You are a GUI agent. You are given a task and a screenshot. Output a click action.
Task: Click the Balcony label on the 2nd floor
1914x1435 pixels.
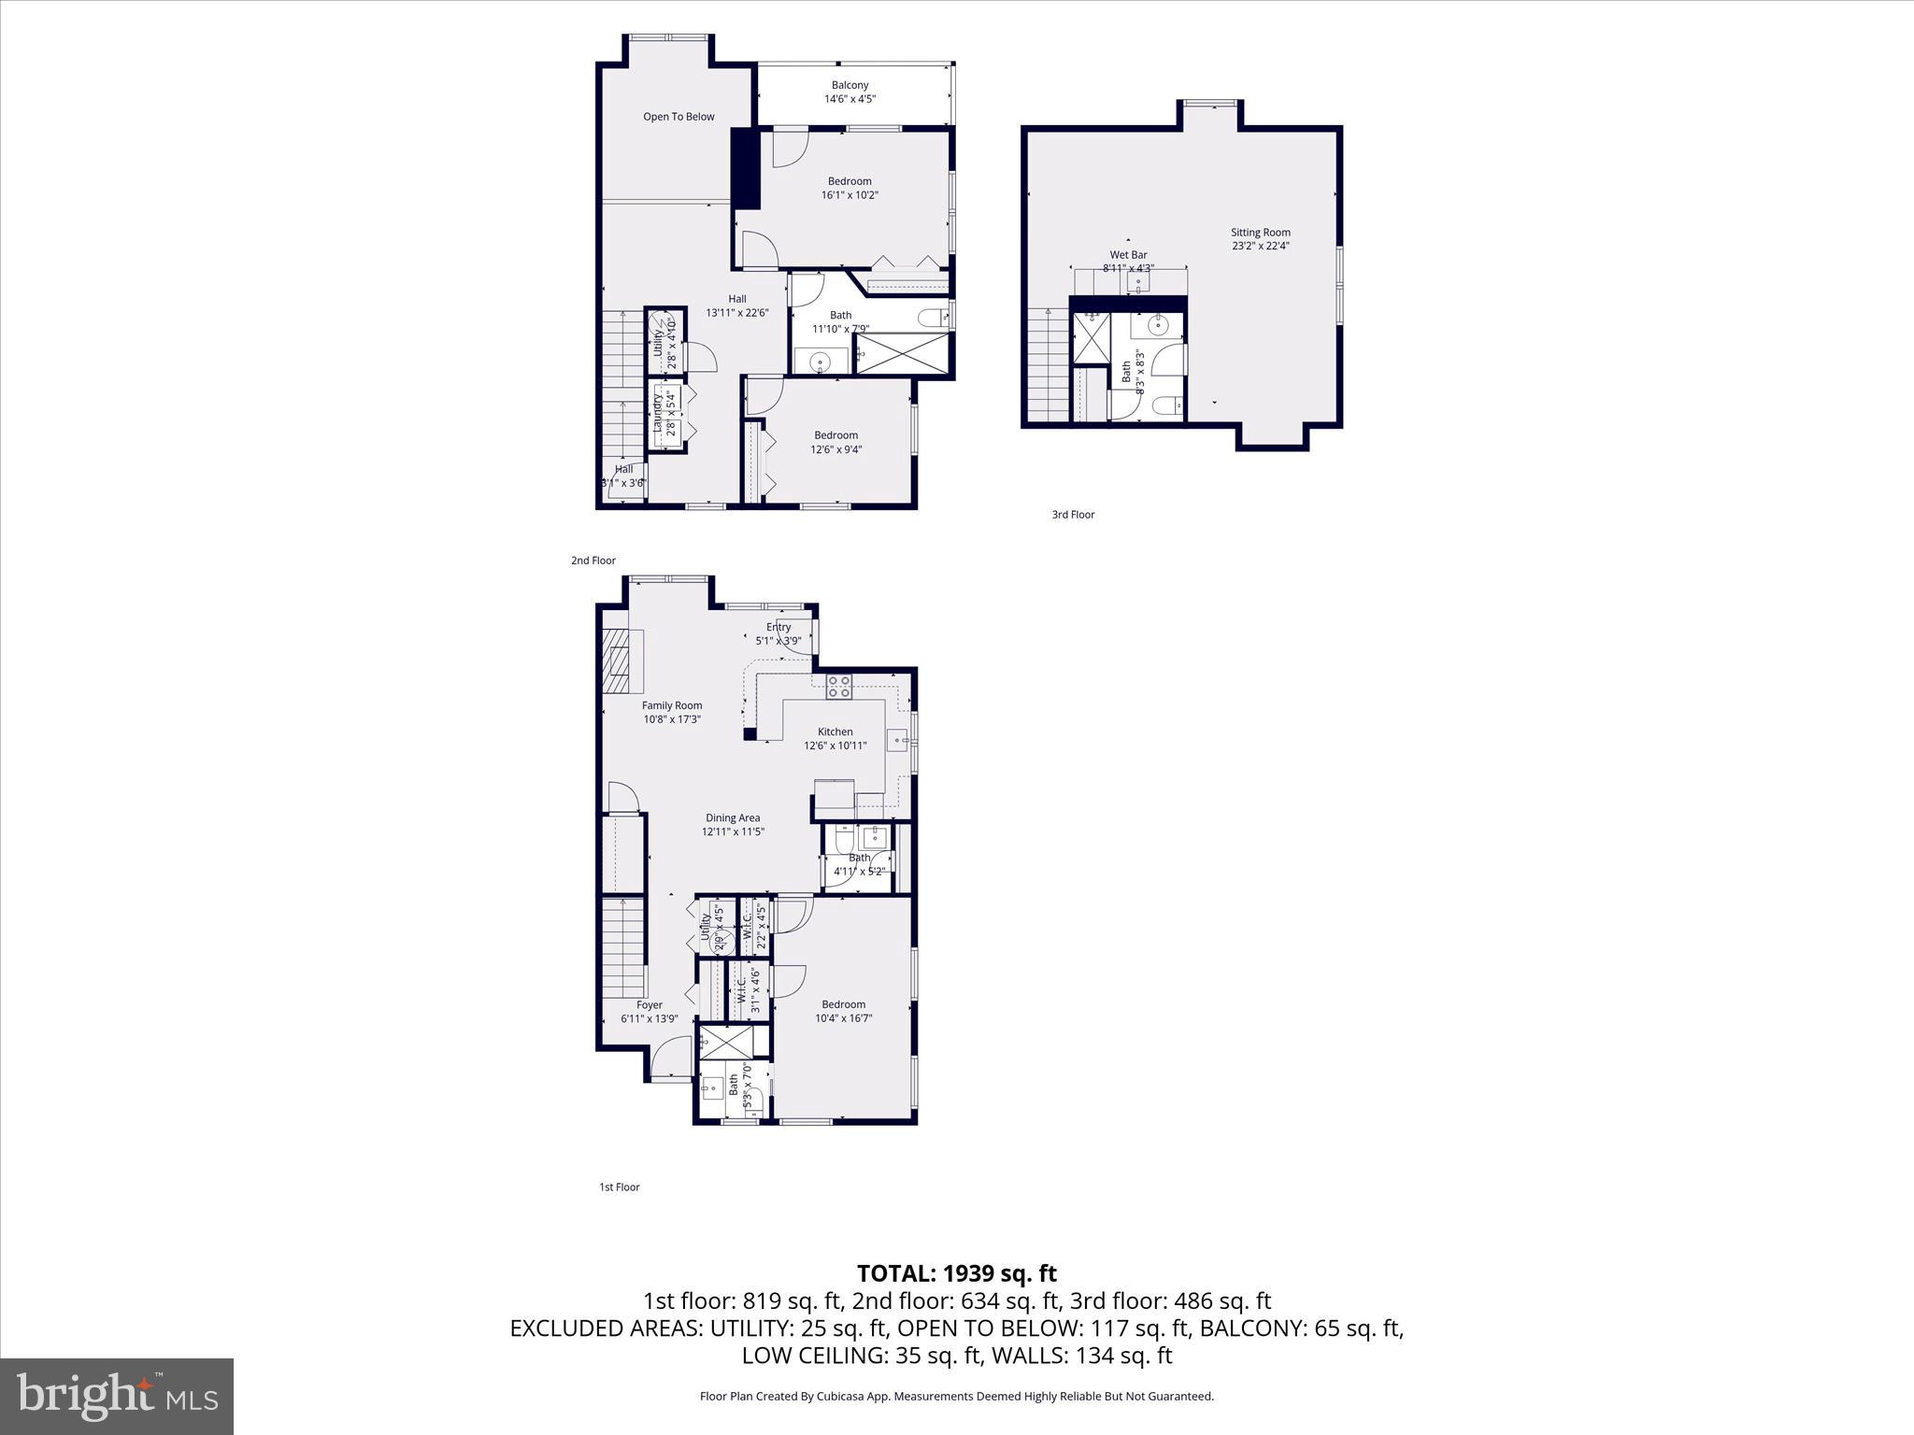coord(850,85)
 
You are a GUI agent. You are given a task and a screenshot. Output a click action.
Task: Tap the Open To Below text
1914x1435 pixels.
coord(678,117)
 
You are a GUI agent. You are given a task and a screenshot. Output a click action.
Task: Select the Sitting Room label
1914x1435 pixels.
coord(1260,233)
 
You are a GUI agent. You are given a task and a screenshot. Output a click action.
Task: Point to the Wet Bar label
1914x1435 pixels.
coord(1128,255)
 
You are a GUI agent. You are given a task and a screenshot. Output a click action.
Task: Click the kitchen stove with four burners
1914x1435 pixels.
coord(838,687)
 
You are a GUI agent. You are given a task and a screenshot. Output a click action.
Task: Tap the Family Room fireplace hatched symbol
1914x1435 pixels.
coord(615,661)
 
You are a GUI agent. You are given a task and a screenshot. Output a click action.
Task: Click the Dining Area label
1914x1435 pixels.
coord(733,817)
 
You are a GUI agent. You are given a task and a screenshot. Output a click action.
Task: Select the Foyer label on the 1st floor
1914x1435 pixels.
coord(649,1005)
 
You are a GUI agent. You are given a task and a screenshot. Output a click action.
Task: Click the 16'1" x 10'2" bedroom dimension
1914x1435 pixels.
coord(850,195)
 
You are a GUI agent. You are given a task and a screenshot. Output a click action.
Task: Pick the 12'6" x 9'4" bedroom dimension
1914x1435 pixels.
coord(836,449)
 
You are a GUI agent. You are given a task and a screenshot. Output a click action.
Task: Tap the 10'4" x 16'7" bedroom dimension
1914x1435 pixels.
coord(843,1018)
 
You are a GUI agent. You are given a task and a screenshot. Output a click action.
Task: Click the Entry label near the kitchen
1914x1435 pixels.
coord(778,627)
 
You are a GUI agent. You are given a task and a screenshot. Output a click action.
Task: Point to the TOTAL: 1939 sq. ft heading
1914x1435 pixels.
coord(956,1273)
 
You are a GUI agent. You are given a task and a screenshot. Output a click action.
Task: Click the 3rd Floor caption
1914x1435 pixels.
coord(1073,515)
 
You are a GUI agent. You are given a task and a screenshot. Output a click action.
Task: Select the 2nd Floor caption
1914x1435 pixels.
coord(593,561)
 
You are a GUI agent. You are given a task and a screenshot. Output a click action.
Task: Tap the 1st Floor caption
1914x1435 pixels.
coord(619,1187)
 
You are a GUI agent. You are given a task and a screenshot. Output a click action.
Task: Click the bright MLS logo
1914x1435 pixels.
coord(117,1396)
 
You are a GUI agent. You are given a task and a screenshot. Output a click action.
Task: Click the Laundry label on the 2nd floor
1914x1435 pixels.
coord(658,413)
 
